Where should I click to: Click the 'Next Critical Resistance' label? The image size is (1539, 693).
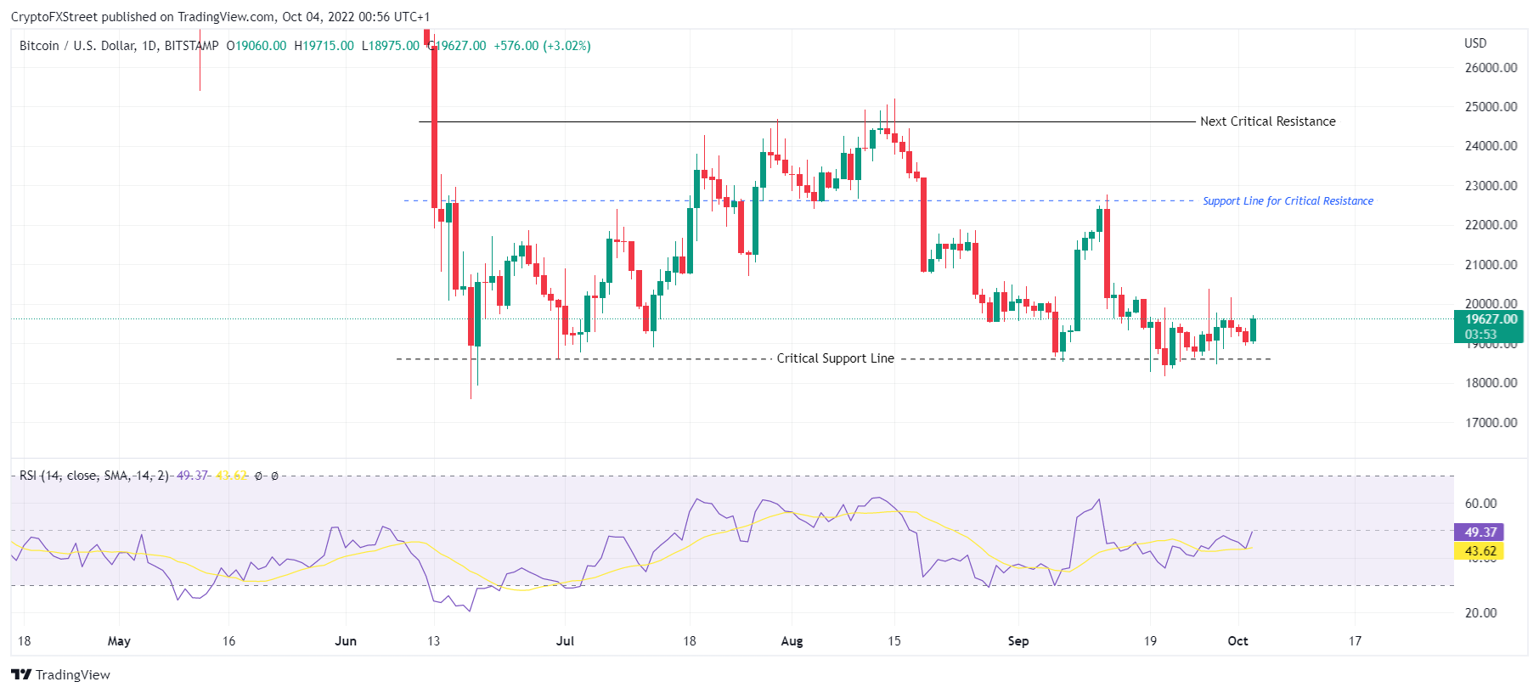pos(1267,121)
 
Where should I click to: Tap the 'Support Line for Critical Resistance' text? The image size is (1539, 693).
pos(1288,201)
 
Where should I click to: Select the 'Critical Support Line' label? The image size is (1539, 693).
pos(835,358)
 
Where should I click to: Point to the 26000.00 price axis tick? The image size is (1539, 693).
pos(1491,68)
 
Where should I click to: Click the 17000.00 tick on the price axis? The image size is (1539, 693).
pos(1491,422)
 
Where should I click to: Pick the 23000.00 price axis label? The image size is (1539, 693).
pos(1491,186)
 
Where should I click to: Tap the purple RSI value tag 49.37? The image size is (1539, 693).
pos(1480,532)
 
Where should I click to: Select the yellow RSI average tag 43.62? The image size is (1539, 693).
pos(1480,551)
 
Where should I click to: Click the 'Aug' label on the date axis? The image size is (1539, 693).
pos(792,641)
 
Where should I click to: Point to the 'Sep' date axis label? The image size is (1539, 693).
pos(1018,641)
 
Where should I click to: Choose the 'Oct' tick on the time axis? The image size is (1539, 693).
pos(1237,641)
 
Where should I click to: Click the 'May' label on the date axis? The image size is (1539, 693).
pos(119,641)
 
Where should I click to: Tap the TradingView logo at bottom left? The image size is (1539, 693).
pos(61,675)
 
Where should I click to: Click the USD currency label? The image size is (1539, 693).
pos(1475,43)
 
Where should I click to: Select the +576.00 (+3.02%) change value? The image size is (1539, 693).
pos(542,46)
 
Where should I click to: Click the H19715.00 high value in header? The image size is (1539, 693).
pos(324,46)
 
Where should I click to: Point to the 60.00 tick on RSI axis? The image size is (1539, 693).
pos(1480,504)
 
